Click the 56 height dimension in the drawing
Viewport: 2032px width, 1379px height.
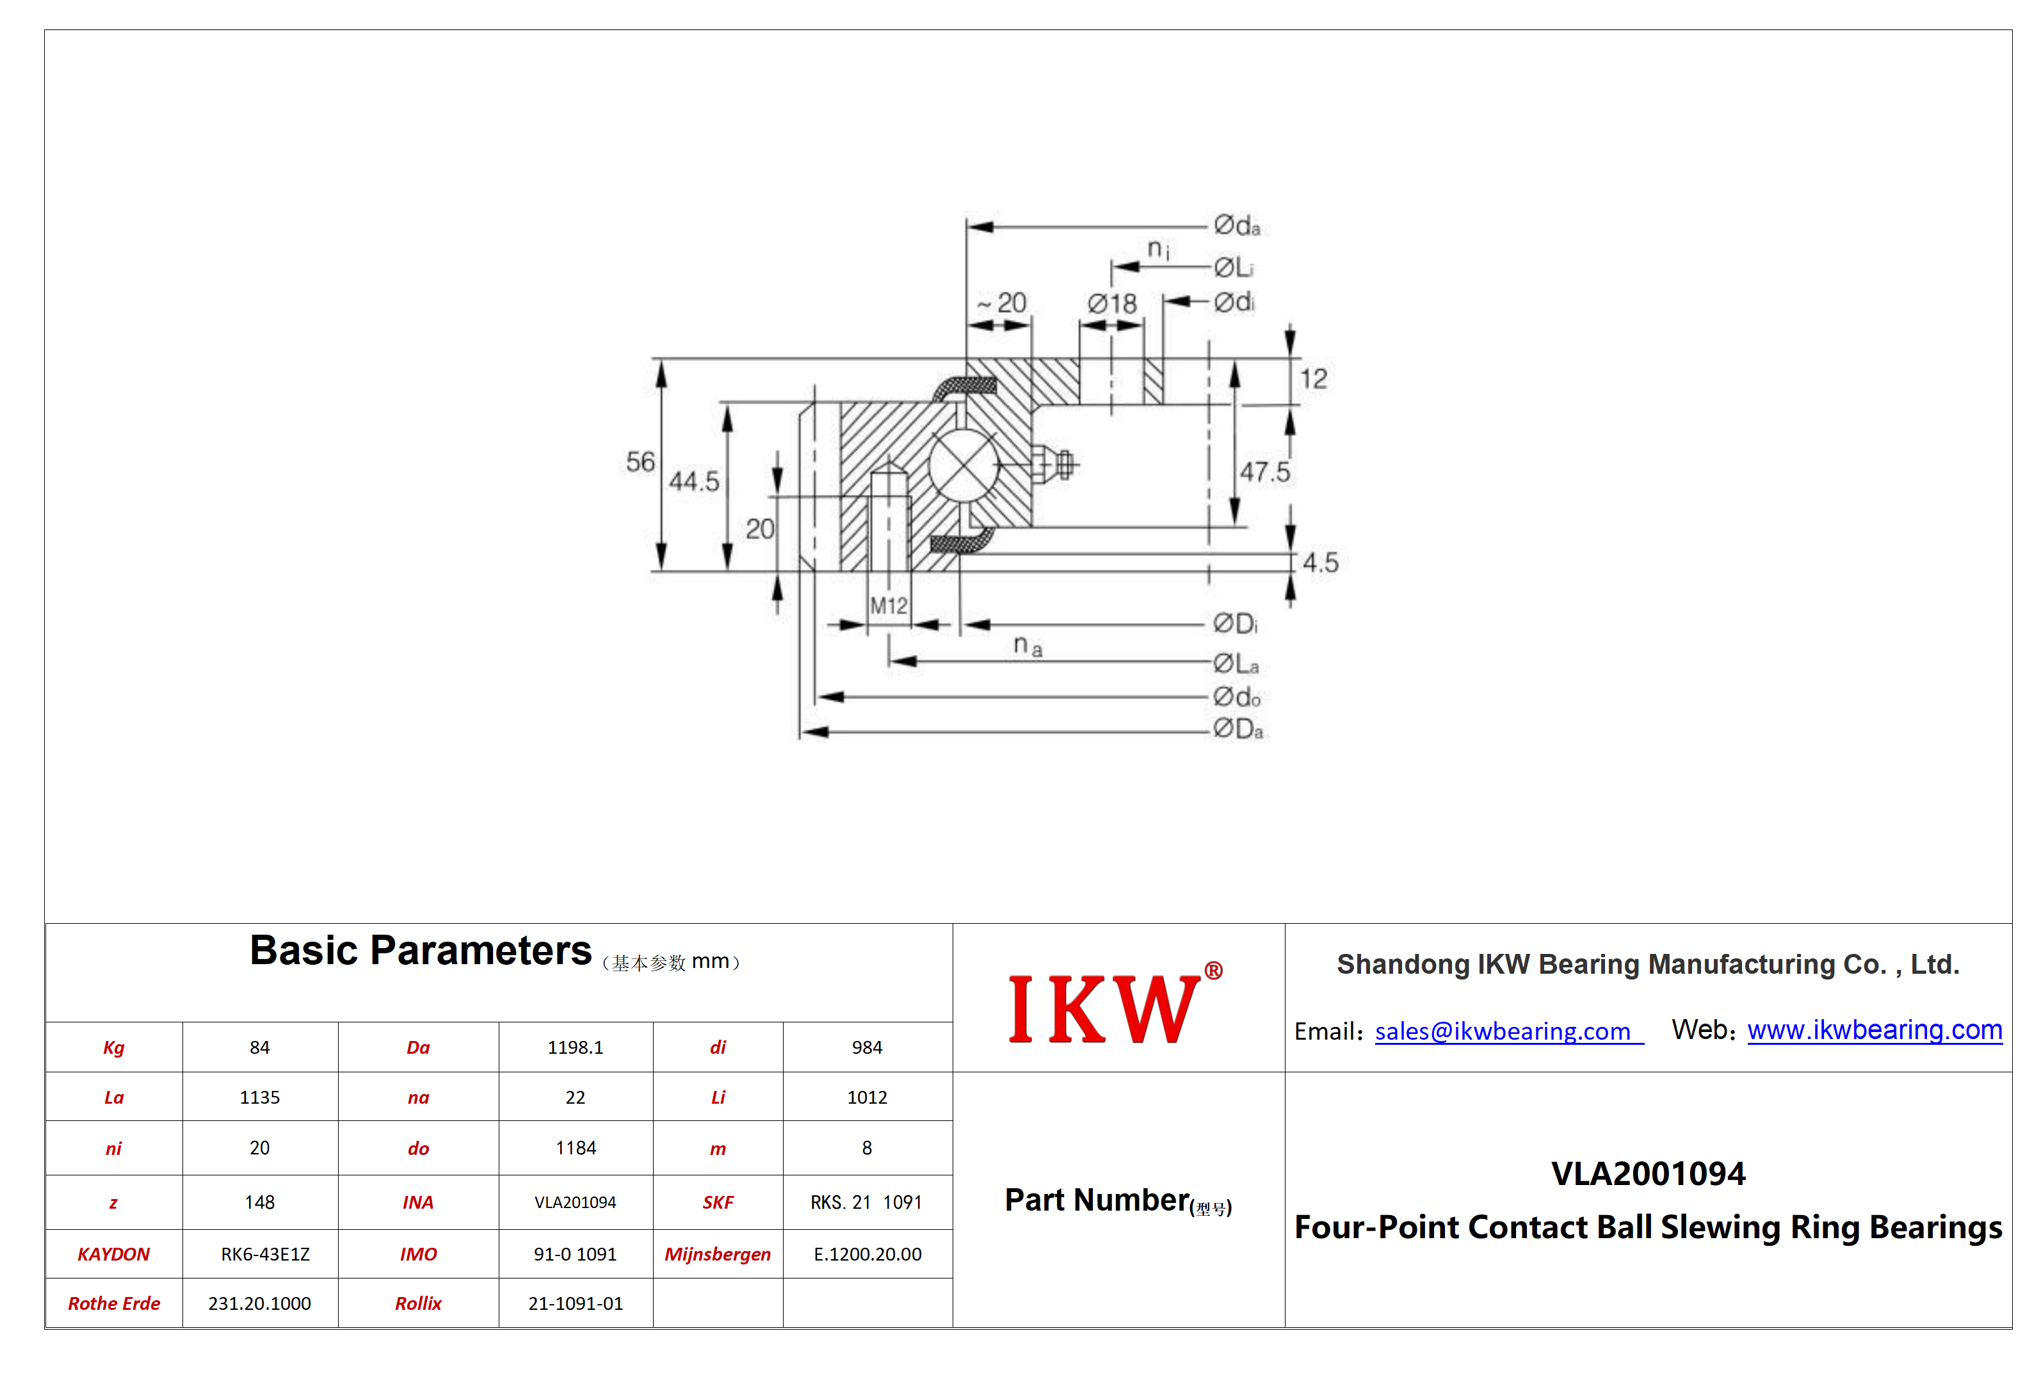pyautogui.click(x=640, y=461)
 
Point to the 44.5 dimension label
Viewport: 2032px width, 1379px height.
pyautogui.click(x=694, y=481)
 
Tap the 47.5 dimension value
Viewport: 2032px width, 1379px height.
pyautogui.click(x=1264, y=472)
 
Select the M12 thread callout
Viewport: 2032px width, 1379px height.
pyautogui.click(x=889, y=605)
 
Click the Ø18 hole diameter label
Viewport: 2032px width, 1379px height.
pyautogui.click(x=1111, y=303)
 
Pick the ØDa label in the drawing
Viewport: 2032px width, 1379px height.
pyautogui.click(x=1238, y=729)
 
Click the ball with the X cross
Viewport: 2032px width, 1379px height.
pyautogui.click(x=964, y=465)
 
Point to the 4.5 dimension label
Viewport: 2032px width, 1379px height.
pyautogui.click(x=1320, y=562)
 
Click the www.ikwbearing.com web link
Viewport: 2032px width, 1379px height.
pyautogui.click(x=1875, y=1030)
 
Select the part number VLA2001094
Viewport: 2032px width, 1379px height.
pyautogui.click(x=1648, y=1173)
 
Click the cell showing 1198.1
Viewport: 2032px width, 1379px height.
pyautogui.click(x=576, y=1047)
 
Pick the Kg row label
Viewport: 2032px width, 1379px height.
pyautogui.click(x=114, y=1047)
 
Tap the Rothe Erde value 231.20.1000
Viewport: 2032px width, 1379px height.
pyautogui.click(x=260, y=1303)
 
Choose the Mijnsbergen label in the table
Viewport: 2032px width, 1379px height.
pyautogui.click(x=718, y=1254)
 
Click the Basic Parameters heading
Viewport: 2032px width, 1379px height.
pyautogui.click(x=421, y=951)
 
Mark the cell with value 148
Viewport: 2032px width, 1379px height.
pyautogui.click(x=260, y=1202)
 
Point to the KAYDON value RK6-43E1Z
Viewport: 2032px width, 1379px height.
pyautogui.click(x=265, y=1254)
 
